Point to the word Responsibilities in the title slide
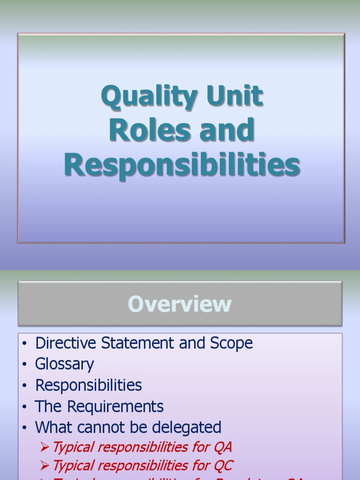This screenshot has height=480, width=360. click(x=182, y=165)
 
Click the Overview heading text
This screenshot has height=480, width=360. click(x=180, y=304)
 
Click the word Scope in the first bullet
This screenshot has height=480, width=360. click(x=233, y=343)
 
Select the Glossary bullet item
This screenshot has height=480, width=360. click(x=65, y=364)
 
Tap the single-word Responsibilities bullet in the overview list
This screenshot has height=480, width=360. click(x=89, y=385)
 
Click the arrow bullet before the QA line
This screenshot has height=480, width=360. click(x=45, y=447)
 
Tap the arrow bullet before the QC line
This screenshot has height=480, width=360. click(x=45, y=466)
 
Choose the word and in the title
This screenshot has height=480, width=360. click(x=227, y=130)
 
